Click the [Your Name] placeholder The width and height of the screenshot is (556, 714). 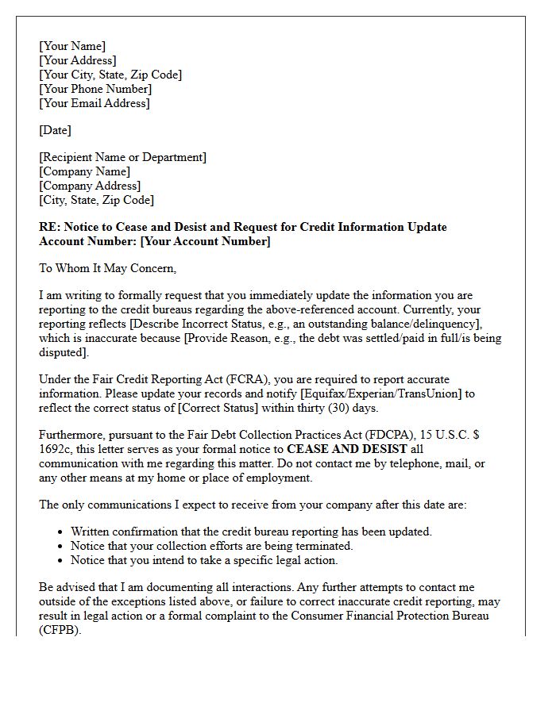pos(72,46)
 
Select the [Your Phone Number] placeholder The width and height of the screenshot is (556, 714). pos(95,89)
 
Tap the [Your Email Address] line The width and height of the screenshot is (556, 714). pos(95,103)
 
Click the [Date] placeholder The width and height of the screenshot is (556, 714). pos(56,130)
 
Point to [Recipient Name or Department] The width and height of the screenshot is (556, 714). pos(123,157)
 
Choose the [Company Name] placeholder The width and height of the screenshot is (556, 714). pos(85,171)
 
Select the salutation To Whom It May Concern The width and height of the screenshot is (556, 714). pos(107,268)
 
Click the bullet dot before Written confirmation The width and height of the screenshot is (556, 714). pos(62,532)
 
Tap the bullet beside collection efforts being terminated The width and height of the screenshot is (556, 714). pos(62,547)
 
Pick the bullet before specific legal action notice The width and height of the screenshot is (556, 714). pos(62,561)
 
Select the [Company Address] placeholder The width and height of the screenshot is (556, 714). pos(90,186)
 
